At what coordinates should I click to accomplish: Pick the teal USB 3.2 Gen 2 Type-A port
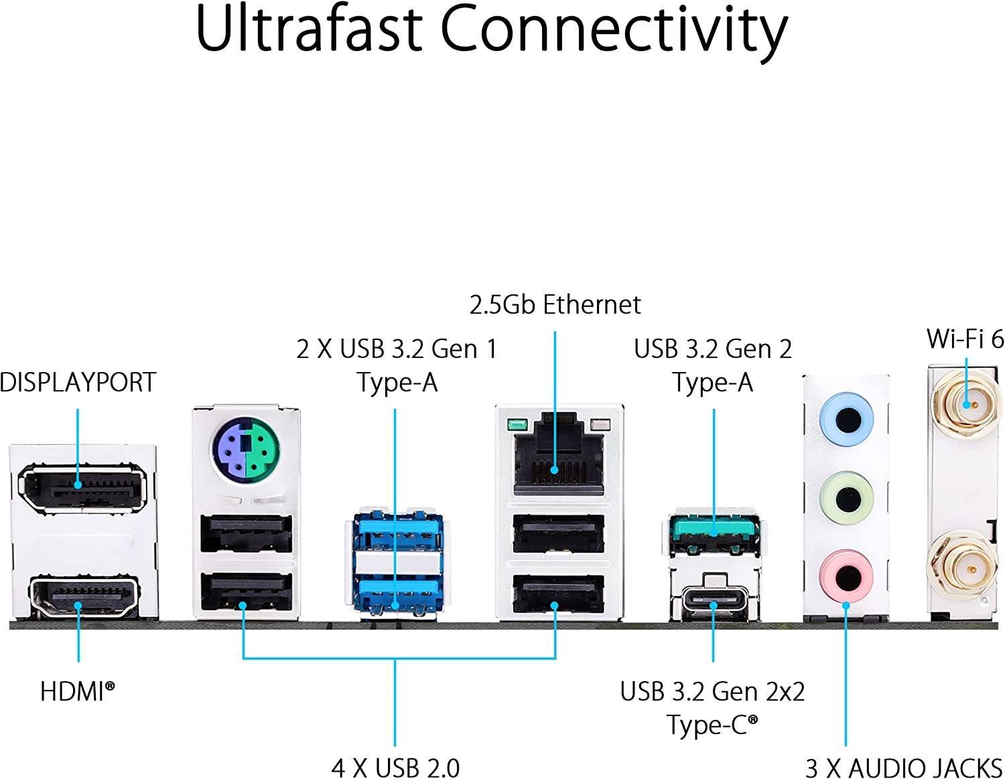[714, 530]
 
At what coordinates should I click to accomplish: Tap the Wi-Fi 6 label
[965, 339]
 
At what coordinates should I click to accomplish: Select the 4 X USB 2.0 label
[395, 768]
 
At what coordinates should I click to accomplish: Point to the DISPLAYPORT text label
[78, 382]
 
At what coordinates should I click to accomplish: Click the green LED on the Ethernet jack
[516, 424]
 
